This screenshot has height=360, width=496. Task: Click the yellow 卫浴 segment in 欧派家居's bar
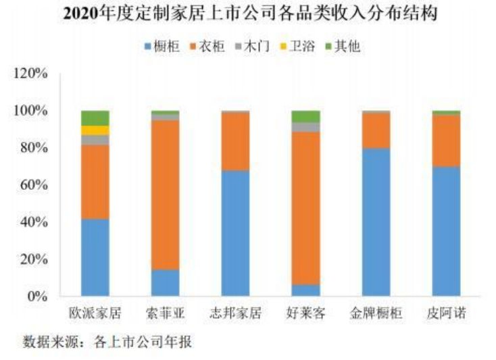click(95, 130)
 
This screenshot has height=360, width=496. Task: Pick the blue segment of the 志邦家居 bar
click(235, 233)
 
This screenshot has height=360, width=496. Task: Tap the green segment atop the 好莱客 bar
click(305, 116)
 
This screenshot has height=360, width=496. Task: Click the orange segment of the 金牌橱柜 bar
click(376, 130)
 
